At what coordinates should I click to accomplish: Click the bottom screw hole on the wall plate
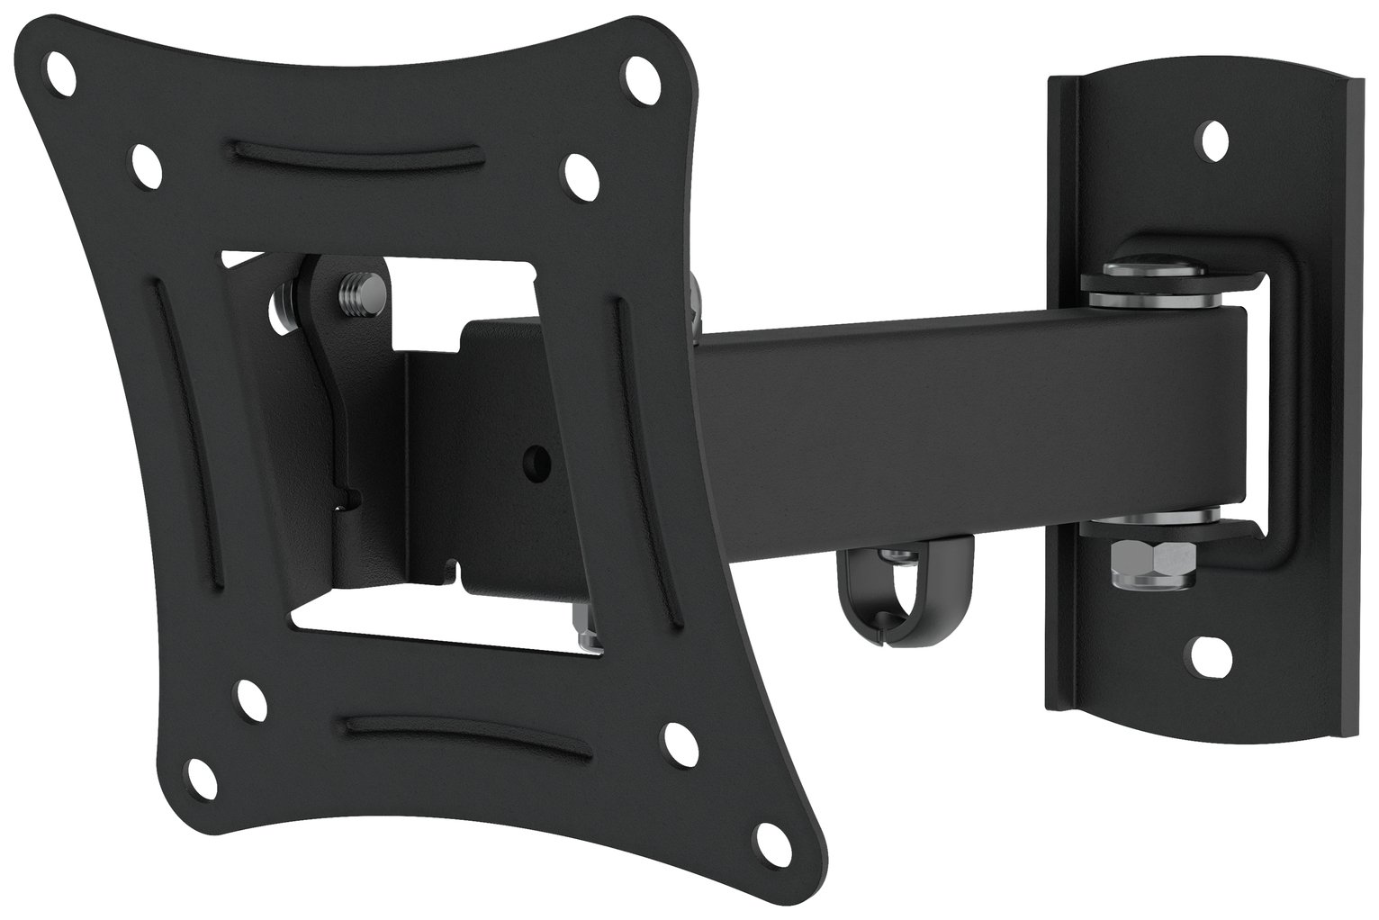[1203, 647]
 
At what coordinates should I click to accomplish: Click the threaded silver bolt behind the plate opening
[349, 293]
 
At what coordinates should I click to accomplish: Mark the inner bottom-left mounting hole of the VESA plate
[245, 694]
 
